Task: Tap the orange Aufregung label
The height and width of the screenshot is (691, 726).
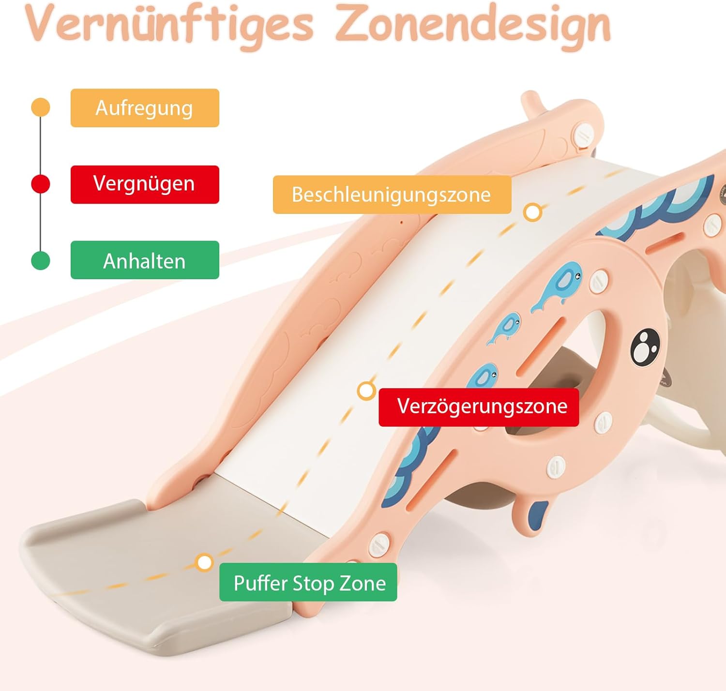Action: [145, 108]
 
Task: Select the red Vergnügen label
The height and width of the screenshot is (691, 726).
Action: [145, 184]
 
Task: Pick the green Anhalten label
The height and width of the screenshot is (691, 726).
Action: [145, 260]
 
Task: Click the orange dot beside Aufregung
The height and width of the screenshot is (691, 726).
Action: [41, 107]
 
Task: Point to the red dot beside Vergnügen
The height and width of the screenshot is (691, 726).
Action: [41, 184]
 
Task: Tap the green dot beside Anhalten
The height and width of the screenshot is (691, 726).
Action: [41, 260]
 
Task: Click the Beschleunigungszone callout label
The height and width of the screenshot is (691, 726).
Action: [392, 195]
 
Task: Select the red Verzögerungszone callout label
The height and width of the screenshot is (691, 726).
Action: [479, 407]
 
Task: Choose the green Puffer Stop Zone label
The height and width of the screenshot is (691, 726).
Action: [308, 582]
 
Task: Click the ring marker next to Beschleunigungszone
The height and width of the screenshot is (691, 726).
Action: [532, 212]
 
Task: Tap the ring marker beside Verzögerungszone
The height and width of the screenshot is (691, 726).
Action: [366, 391]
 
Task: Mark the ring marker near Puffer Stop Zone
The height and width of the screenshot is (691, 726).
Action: [204, 562]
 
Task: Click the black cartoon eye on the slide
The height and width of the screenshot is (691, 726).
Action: [645, 346]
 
